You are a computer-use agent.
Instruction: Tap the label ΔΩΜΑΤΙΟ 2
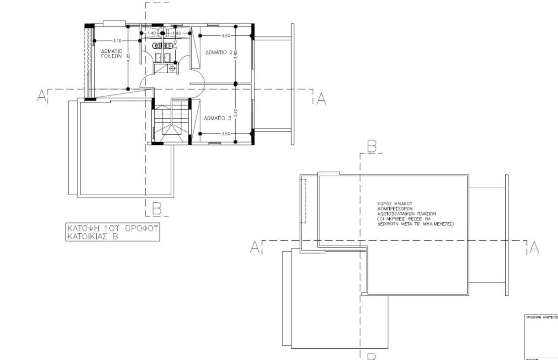(219, 52)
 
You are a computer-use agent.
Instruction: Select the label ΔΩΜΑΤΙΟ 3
(217, 119)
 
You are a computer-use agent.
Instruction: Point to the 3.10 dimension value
(117, 41)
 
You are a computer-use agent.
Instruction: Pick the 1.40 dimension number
(151, 33)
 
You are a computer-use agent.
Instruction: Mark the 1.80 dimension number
(177, 33)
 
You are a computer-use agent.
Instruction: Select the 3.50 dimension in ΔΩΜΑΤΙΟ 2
(225, 36)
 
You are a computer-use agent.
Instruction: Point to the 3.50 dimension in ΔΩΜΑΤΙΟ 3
(225, 134)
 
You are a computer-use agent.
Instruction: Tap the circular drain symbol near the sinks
(173, 68)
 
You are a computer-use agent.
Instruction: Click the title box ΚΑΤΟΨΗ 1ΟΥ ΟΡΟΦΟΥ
(112, 232)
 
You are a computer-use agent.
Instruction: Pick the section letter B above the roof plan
(372, 147)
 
